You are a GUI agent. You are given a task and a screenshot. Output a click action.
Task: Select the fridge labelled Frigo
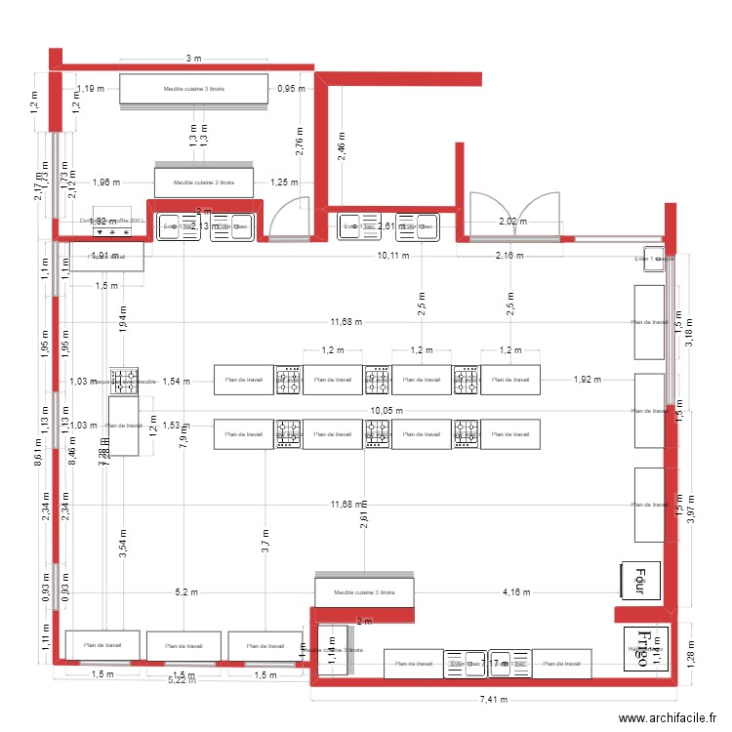[647, 646]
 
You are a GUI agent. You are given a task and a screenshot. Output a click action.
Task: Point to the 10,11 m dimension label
[394, 257]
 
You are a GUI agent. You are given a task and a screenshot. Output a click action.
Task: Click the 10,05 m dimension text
[386, 412]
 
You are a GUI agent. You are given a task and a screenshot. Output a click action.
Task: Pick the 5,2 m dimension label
[185, 591]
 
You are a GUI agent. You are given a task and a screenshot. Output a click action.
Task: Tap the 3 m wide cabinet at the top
[193, 89]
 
